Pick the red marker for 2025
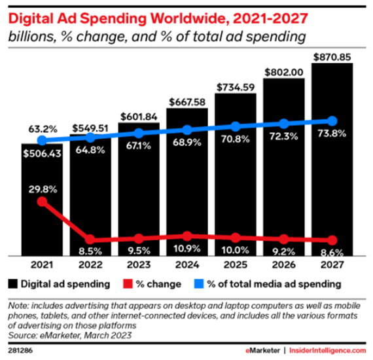click(236, 238)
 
